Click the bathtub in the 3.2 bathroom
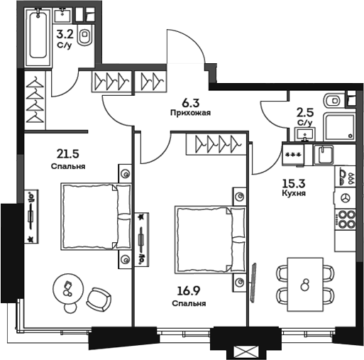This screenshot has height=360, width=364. pos(38,37)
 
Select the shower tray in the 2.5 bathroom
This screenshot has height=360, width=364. pos(340,126)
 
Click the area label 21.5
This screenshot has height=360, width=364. pos(67,154)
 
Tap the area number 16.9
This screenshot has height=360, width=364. pos(189,290)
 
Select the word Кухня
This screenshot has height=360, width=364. pos(294,193)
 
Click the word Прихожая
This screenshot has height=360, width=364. pos(190,113)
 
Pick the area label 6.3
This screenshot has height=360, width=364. pos(191,103)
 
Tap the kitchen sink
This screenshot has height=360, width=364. pos(324,155)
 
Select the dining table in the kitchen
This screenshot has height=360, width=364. pos(305,285)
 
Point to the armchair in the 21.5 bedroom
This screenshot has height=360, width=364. pos(99,300)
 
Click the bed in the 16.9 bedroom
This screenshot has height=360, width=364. pos(211,240)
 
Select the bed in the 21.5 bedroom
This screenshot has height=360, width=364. pos(96,217)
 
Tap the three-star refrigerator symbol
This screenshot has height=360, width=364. pos(293,155)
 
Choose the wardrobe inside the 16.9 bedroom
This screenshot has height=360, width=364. pos(216,144)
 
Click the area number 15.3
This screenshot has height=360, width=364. pos(294,183)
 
